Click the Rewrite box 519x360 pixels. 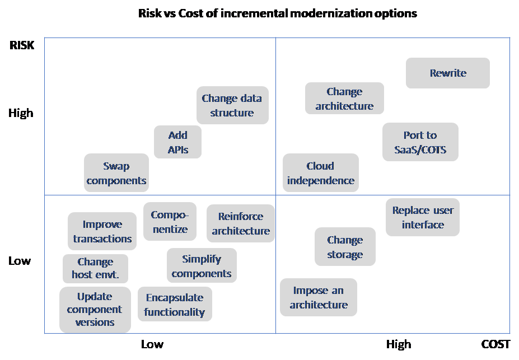click(x=447, y=73)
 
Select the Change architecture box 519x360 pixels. click(x=344, y=99)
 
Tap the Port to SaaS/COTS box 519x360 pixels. click(x=420, y=142)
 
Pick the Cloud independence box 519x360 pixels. click(x=320, y=173)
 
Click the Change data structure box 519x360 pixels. click(x=232, y=105)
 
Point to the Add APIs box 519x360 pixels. click(x=177, y=142)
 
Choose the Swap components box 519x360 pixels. click(x=116, y=173)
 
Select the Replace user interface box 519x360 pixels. click(x=423, y=217)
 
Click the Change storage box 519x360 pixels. click(x=344, y=247)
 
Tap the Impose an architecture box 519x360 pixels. click(x=319, y=297)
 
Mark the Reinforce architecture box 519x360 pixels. click(x=241, y=223)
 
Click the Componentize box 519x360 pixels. click(x=170, y=222)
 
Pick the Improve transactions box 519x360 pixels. click(x=102, y=231)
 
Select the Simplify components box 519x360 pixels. click(x=202, y=266)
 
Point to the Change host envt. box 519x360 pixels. click(x=95, y=268)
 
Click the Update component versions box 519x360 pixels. click(x=95, y=309)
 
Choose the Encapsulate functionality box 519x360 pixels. click(x=174, y=305)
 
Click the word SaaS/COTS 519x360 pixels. click(x=420, y=150)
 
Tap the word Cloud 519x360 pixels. click(x=320, y=166)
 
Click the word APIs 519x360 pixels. click(x=177, y=149)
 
